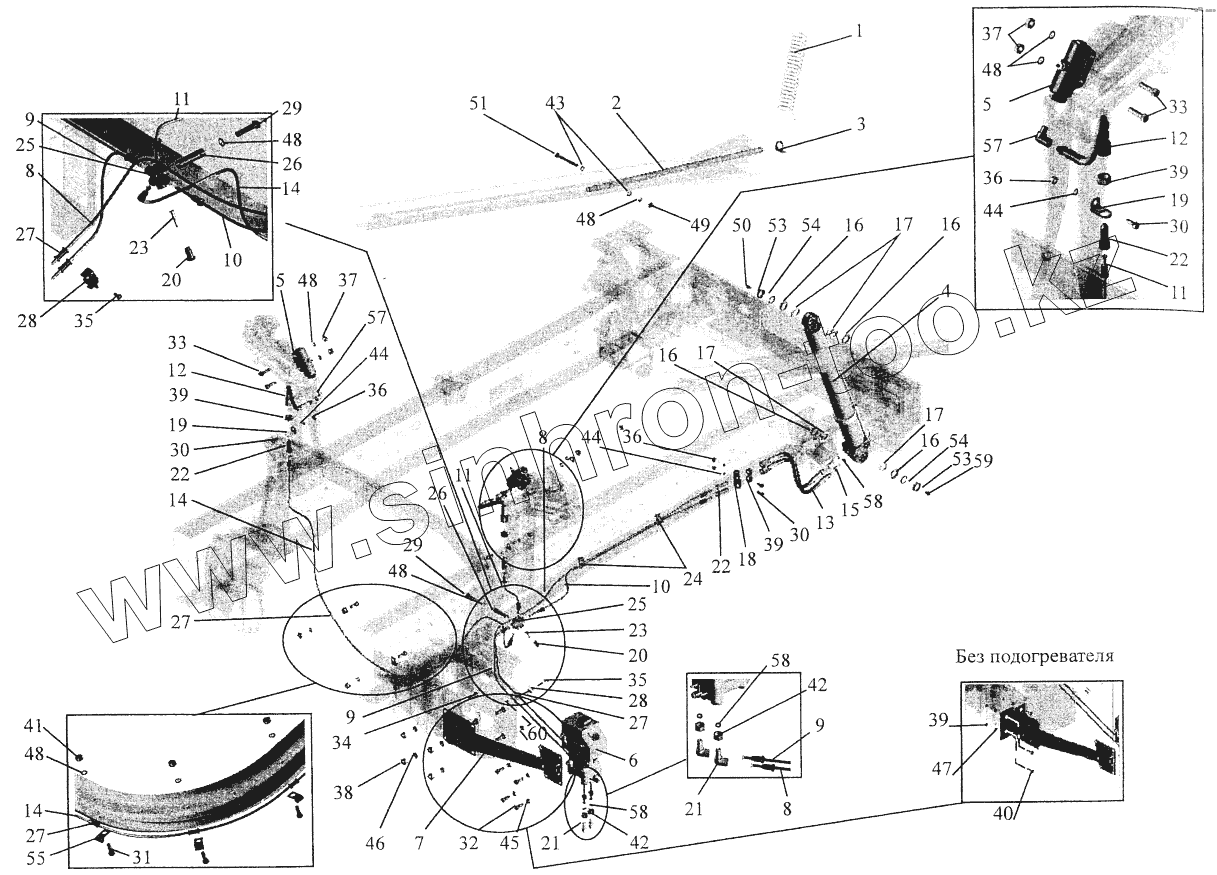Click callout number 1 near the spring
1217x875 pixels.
857,31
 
